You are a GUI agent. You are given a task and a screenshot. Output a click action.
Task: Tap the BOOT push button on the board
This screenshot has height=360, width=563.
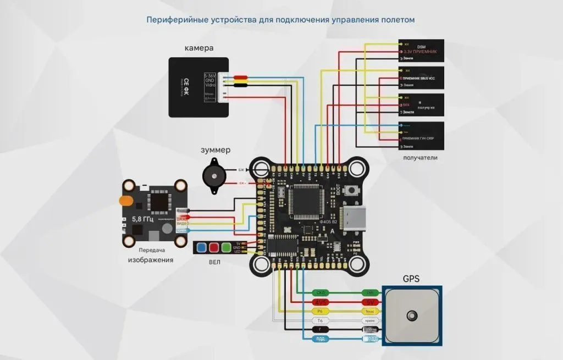click(x=355, y=191)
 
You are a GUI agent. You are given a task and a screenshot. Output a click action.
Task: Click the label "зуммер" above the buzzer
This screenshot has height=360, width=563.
click(x=215, y=149)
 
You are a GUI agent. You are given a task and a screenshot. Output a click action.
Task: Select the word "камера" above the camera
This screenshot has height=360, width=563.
click(x=198, y=48)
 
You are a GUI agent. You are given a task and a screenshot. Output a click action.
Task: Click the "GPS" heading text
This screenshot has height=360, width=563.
click(x=411, y=279)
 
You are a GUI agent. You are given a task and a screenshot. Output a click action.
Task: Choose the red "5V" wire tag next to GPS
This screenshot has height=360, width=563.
click(x=369, y=302)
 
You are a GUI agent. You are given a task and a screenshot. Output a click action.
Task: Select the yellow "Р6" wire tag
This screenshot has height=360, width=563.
click(x=319, y=311)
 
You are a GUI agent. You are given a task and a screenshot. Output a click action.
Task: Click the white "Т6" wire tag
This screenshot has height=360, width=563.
click(x=319, y=320)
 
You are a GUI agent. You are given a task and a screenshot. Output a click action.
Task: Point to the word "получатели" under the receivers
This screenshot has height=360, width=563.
click(x=420, y=158)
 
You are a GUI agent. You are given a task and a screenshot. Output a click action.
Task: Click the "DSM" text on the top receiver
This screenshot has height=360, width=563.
click(x=422, y=46)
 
